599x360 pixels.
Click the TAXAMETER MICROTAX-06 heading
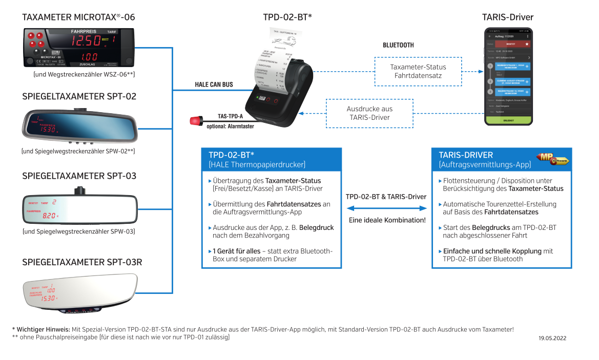pos(78,17)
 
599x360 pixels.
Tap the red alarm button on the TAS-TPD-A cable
pos(195,121)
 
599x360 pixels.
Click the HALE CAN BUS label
pos(214,84)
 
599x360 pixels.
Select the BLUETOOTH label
pos(398,45)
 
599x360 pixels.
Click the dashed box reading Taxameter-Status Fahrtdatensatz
pos(418,71)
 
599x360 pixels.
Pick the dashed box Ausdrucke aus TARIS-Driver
pos(369,113)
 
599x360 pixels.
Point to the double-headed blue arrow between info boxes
pos(386,208)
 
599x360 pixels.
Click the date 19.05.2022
pos(552,338)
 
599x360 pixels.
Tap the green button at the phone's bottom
pos(509,119)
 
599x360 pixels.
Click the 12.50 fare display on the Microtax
pos(86,41)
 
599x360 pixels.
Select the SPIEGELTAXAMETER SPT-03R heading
pos(82,263)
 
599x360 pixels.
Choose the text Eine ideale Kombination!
pos(386,220)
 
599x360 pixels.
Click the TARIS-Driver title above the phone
pos(507,17)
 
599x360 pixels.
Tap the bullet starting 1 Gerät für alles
pos(272,255)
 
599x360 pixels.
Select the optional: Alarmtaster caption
pos(230,126)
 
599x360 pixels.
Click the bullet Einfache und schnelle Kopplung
pos(498,255)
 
